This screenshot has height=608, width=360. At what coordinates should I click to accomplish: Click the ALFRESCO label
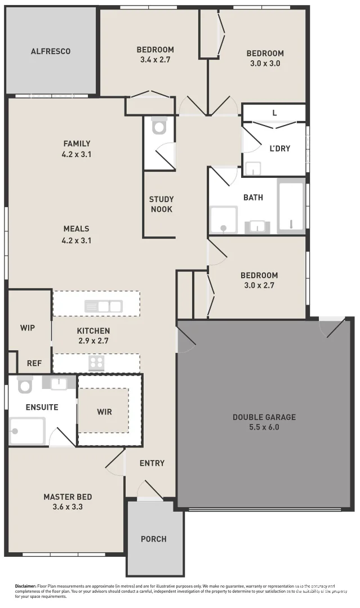[x=50, y=51]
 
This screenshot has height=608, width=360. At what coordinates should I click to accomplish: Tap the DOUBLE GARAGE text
[x=264, y=417]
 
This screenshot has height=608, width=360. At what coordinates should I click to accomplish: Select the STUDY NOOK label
[x=161, y=204]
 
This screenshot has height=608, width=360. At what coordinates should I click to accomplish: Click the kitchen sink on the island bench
[x=103, y=306]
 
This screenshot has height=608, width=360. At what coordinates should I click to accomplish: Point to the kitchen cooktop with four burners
[x=96, y=363]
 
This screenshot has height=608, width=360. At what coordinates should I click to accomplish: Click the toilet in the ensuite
[x=25, y=385]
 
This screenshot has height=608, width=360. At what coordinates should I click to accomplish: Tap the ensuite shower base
[x=26, y=431]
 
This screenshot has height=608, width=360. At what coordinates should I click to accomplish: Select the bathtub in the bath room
[x=291, y=206]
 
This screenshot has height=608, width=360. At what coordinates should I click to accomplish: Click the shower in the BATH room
[x=223, y=220]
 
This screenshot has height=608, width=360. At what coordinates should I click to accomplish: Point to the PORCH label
[x=153, y=539]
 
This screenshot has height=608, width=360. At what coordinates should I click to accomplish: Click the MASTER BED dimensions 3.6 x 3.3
[x=68, y=507]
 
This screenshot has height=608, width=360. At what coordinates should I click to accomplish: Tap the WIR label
[x=104, y=412]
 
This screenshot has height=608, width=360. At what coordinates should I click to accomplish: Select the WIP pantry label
[x=28, y=328]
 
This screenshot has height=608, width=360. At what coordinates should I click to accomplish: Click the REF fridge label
[x=34, y=363]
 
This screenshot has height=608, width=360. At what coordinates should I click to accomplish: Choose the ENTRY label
[x=152, y=463]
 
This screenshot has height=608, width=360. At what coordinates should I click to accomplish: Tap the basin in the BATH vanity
[x=257, y=227]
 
